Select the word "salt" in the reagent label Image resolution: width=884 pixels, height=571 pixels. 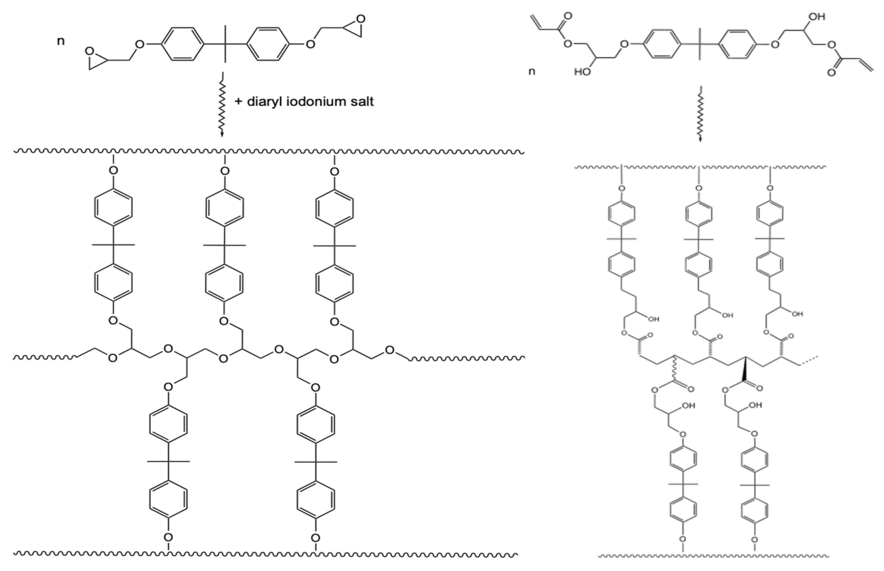[360, 101]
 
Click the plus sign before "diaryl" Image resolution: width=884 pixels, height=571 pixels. [238, 102]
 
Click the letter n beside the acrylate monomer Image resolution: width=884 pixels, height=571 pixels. [532, 71]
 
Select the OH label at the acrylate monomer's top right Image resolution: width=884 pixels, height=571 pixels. [816, 17]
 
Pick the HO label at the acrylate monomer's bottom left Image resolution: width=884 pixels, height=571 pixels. [582, 71]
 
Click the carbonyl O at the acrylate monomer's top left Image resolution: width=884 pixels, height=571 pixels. [568, 16]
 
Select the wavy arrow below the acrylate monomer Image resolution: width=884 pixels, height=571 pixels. [700, 115]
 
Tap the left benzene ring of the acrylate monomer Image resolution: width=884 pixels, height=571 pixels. [662, 44]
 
